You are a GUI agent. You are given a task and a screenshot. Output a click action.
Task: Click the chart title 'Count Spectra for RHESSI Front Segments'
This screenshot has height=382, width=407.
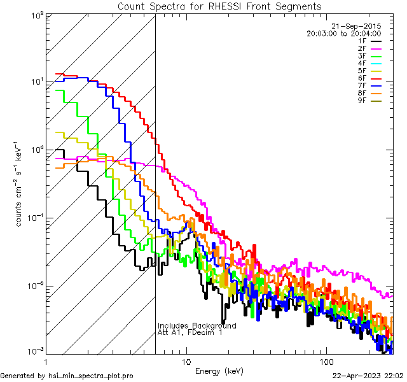tap(219, 6)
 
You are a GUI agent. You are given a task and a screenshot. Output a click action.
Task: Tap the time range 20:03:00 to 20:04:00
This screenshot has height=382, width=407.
tap(343, 33)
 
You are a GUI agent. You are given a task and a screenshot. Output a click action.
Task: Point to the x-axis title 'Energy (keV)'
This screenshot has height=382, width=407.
tap(218, 371)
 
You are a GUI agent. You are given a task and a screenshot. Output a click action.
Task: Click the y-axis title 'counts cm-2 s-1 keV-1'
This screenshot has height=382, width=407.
tap(20, 185)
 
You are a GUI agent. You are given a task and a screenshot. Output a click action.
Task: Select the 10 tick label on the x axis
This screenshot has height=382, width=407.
tap(186, 361)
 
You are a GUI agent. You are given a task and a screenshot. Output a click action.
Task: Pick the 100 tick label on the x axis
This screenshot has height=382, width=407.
tap(326, 361)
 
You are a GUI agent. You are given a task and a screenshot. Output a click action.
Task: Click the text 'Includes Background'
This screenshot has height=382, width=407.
tap(197, 325)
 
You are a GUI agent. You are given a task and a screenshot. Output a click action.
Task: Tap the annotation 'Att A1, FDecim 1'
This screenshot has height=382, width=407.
tap(190, 332)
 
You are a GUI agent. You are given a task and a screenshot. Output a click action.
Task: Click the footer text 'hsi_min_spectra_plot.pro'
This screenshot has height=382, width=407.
tap(91, 376)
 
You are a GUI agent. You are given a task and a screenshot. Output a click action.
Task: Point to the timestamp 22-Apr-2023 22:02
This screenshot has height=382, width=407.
tap(368, 376)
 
